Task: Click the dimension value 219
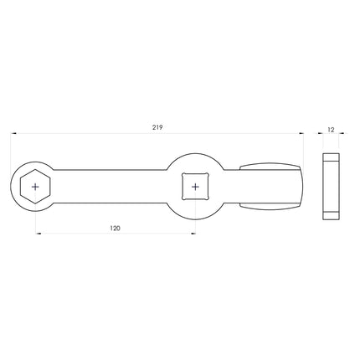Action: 158,127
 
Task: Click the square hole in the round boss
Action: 195,186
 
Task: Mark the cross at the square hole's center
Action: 195,186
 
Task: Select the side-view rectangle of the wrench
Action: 331,186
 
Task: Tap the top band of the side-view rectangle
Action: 331,157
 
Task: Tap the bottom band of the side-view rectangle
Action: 331,214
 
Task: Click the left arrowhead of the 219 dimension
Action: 13,133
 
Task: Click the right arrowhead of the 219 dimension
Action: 302,133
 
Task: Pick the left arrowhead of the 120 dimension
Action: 37,234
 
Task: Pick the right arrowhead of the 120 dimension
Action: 193,234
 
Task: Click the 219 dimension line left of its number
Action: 84,133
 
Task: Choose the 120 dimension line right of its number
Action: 159,234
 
